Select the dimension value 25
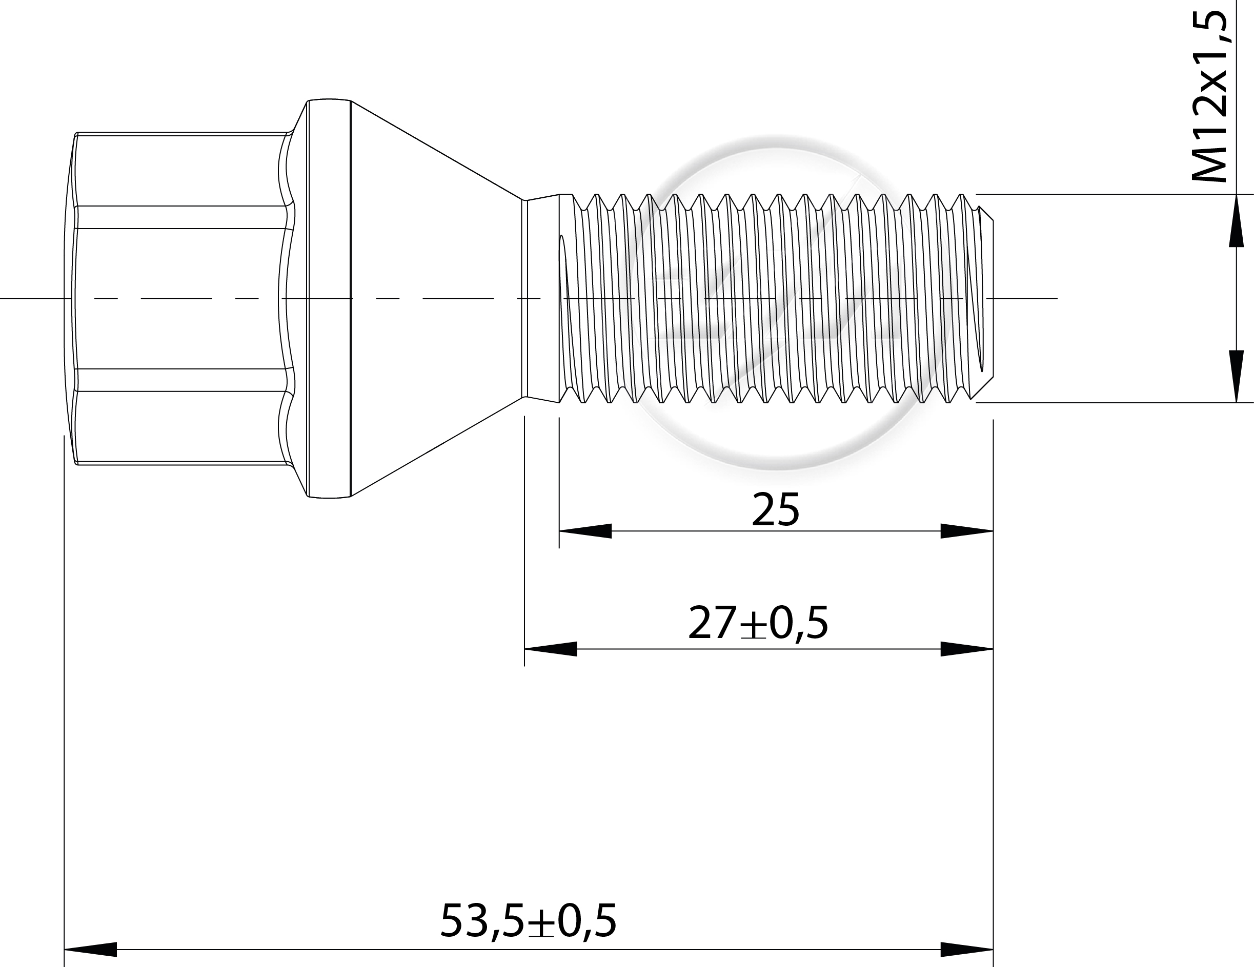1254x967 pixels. (775, 509)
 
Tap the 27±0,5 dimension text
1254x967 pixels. (758, 623)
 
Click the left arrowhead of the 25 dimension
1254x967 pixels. (585, 531)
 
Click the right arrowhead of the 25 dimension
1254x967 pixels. (967, 531)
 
